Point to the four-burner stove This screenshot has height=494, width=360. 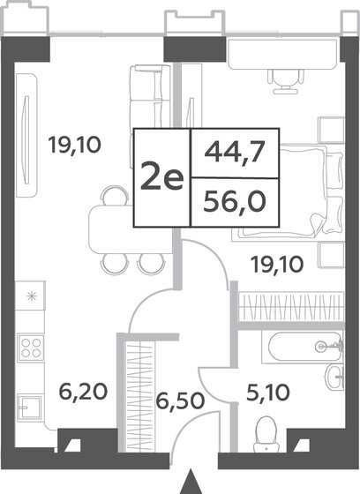pos(32,345)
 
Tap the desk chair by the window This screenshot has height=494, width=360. pos(283,79)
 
